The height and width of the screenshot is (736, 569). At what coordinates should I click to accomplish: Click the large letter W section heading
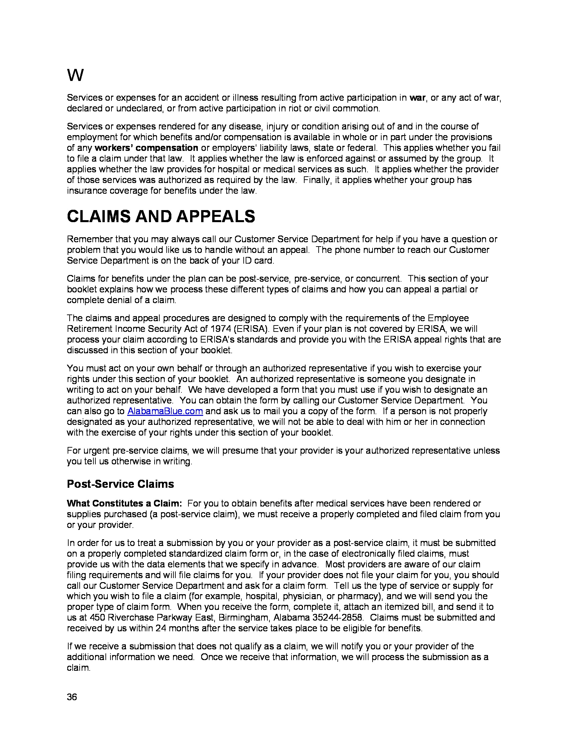click(x=75, y=75)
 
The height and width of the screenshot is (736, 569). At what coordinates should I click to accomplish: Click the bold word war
click(x=418, y=98)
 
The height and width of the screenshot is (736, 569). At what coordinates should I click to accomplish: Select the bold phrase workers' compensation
click(x=146, y=148)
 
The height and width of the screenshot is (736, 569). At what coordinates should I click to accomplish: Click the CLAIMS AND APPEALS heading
click(x=161, y=216)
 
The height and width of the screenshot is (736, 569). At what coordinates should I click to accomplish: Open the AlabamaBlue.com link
click(x=165, y=411)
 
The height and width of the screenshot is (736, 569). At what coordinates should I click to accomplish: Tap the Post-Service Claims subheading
click(x=120, y=484)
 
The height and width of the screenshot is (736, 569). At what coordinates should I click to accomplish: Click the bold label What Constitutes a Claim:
click(x=125, y=503)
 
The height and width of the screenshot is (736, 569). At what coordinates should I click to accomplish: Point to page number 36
click(x=72, y=697)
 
